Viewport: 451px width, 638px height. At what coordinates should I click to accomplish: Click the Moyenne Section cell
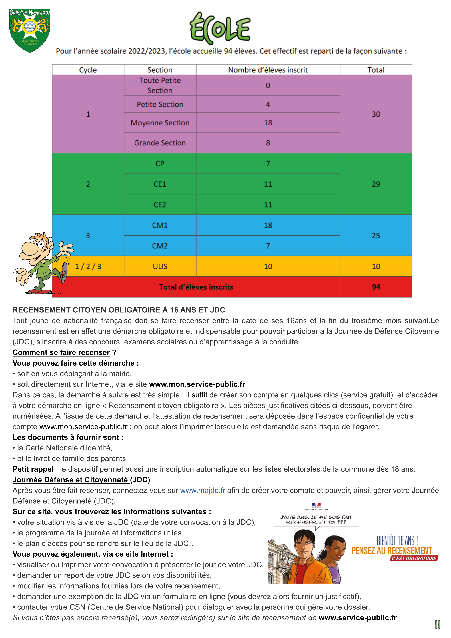pos(160,123)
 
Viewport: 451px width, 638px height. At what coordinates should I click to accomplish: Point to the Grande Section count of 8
pos(268,143)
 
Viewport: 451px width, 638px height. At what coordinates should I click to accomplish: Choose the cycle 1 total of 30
pos(376,114)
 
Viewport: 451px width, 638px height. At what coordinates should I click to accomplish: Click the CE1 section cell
pos(160,184)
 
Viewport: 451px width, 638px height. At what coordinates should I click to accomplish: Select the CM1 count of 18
pos(268,225)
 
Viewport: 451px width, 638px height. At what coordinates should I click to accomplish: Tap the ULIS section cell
pos(160,266)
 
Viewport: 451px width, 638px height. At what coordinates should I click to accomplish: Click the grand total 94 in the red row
pos(376,287)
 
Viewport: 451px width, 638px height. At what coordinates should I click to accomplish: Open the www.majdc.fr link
pos(203,491)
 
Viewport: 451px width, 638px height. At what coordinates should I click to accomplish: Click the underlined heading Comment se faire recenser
pos(61,352)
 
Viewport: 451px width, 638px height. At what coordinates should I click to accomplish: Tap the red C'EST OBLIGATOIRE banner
pos(414,558)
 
